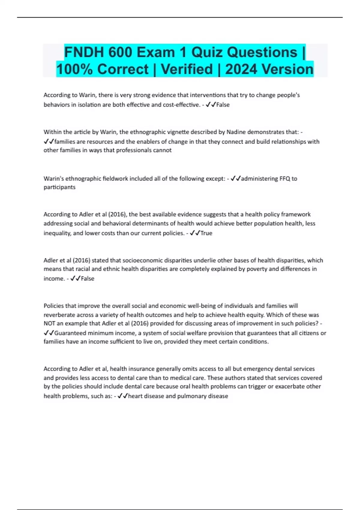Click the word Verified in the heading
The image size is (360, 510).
(x=187, y=69)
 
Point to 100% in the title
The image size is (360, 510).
(x=75, y=69)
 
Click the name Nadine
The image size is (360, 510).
(x=236, y=132)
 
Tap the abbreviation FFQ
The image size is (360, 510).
(x=285, y=179)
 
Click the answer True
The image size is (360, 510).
(x=206, y=233)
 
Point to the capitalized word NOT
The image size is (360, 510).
(x=49, y=324)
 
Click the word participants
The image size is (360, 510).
(x=59, y=187)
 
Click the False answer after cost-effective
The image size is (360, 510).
(x=223, y=105)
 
